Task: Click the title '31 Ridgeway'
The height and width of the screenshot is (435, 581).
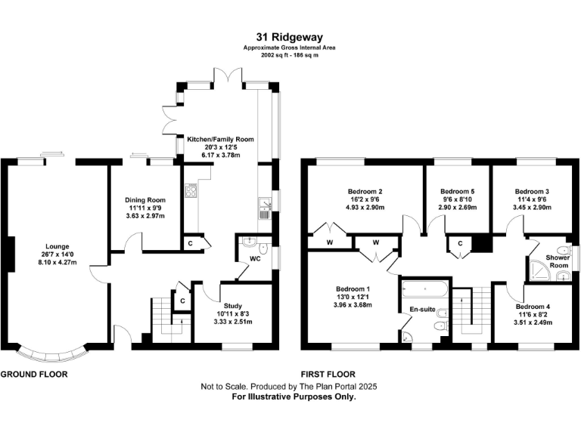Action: (x=290, y=35)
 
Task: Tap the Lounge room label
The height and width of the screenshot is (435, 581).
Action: (x=57, y=245)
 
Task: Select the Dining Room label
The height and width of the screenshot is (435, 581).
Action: (x=145, y=200)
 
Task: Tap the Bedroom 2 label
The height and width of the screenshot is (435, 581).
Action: (x=364, y=191)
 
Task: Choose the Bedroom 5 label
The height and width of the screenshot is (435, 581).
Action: (x=457, y=191)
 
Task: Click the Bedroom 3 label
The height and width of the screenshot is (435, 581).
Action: (x=532, y=191)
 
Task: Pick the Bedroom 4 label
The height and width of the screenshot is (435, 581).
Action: (x=533, y=307)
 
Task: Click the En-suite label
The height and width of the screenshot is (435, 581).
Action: (x=421, y=310)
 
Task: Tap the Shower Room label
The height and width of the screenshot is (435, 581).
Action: (x=558, y=261)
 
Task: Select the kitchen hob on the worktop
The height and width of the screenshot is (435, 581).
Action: (x=190, y=191)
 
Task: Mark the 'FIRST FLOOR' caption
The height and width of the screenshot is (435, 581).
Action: (x=328, y=375)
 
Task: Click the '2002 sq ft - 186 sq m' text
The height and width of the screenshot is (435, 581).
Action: (x=290, y=56)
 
